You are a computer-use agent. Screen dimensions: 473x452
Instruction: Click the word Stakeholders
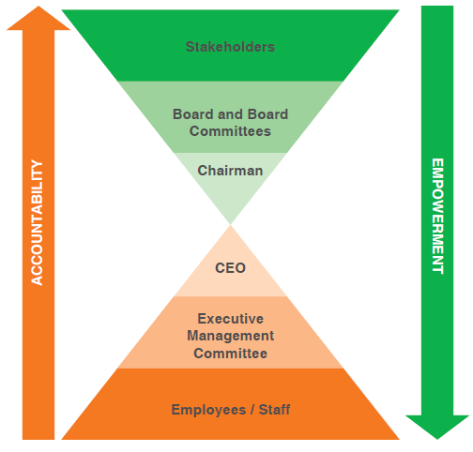[230, 47]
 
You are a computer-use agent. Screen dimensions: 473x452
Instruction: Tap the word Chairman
[230, 171]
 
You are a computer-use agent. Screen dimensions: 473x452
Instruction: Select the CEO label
[230, 268]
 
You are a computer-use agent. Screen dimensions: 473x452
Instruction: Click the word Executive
[231, 319]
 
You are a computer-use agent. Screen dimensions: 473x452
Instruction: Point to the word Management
[231, 336]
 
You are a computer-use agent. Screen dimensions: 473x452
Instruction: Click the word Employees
[208, 410]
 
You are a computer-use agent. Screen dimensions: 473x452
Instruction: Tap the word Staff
[274, 410]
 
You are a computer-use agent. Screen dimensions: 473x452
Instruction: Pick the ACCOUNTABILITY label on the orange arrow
[37, 222]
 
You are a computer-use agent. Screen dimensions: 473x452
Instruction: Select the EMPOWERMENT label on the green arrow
[437, 217]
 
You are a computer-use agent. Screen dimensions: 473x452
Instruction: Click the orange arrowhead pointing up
[38, 18]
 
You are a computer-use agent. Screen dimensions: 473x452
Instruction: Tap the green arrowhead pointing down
[437, 427]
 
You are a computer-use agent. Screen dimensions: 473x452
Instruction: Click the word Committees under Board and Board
[230, 131]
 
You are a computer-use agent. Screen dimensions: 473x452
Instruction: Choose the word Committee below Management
[231, 354]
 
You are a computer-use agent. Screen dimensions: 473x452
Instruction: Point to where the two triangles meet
[231, 224]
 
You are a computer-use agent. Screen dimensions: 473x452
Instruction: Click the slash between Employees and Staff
[252, 410]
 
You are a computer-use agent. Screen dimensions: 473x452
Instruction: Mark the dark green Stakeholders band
[230, 45]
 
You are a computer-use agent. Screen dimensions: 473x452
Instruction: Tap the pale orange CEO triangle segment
[231, 269]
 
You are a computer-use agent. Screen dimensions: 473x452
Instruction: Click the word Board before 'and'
[193, 114]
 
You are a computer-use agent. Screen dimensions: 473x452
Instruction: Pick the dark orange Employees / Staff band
[231, 404]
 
